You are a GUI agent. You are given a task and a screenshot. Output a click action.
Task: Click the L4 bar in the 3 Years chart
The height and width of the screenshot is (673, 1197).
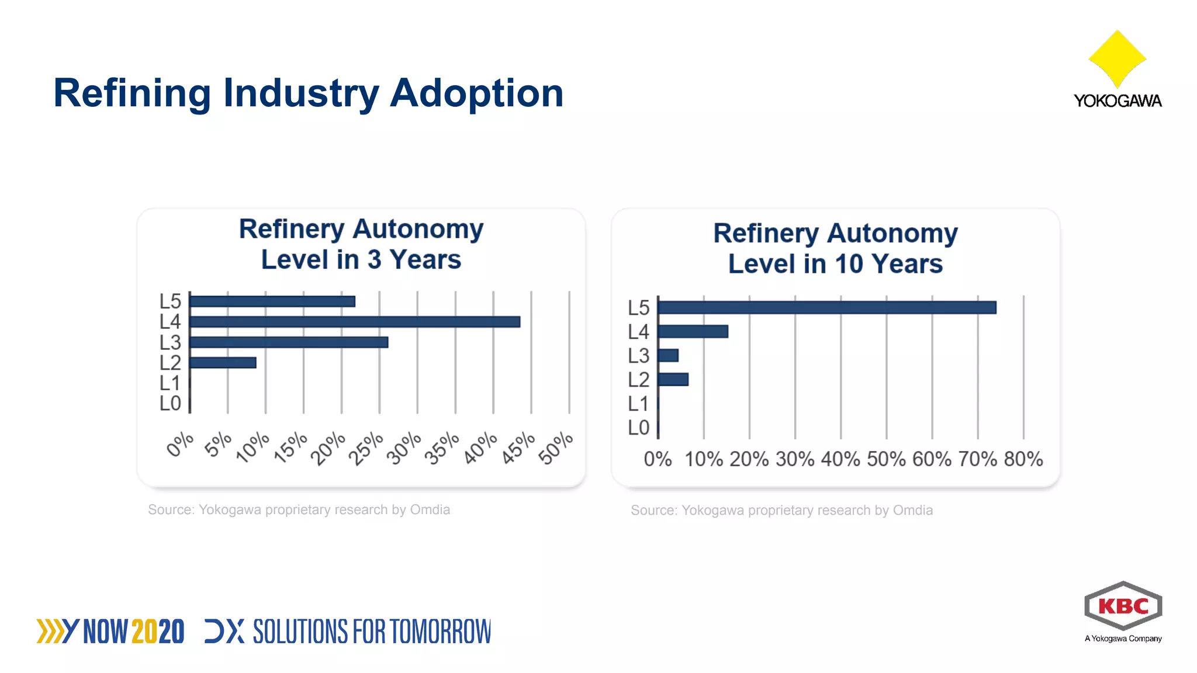point(355,322)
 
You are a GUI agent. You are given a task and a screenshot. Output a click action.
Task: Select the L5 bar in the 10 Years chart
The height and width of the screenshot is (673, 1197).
point(826,307)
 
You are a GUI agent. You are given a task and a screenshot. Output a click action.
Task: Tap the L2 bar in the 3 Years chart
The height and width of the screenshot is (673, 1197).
point(223,363)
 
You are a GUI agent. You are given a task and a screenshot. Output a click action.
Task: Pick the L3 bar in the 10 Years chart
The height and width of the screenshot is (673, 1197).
point(668,355)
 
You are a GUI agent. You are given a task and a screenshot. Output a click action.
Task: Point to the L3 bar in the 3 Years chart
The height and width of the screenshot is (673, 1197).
point(289,342)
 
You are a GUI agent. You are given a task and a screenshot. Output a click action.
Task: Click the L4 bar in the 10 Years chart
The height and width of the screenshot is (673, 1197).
point(693,331)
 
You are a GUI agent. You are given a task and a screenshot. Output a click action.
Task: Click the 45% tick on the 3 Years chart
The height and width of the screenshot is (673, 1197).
point(518,448)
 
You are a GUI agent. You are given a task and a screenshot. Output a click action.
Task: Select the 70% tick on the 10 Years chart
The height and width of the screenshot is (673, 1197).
point(977,459)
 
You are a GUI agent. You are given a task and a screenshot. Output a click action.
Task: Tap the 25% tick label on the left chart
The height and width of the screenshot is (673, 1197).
point(366,448)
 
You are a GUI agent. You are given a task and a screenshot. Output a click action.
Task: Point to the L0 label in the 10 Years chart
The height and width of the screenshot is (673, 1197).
point(638,428)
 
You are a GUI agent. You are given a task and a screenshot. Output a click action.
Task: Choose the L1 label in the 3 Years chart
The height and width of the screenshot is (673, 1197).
point(169,383)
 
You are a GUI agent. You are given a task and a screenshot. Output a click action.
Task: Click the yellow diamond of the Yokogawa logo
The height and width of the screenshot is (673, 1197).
point(1117,58)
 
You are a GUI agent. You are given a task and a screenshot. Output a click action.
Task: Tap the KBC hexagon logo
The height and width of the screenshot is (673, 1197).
point(1123,606)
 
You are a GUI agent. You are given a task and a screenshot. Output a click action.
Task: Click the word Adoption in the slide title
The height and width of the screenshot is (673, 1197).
point(476,93)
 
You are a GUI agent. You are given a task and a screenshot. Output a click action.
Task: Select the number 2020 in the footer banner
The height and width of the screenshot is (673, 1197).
point(158,632)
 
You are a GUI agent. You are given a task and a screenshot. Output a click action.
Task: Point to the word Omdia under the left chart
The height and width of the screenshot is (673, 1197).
point(430,509)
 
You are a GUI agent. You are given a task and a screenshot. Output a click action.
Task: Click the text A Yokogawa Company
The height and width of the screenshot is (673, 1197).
point(1123,639)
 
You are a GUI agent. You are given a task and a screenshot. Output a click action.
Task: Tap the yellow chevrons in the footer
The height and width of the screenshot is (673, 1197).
point(50,632)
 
